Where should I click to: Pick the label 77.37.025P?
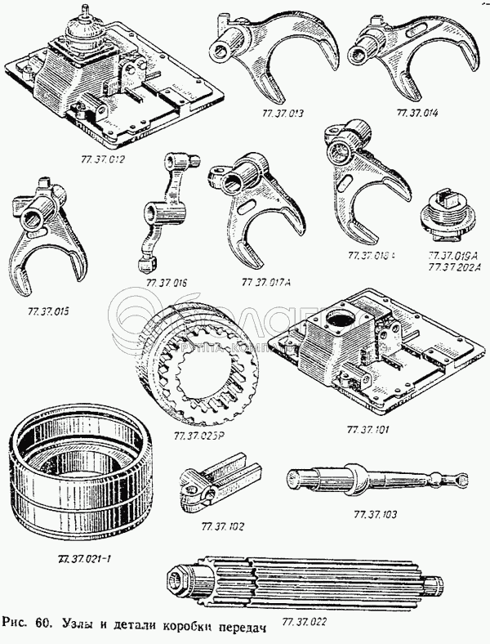tap(200, 434)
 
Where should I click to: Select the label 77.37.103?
tap(376, 515)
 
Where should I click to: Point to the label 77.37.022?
tap(306, 623)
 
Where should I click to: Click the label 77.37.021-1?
tap(84, 559)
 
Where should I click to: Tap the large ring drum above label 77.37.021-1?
tap(79, 480)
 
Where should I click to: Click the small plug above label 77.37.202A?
tap(447, 216)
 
